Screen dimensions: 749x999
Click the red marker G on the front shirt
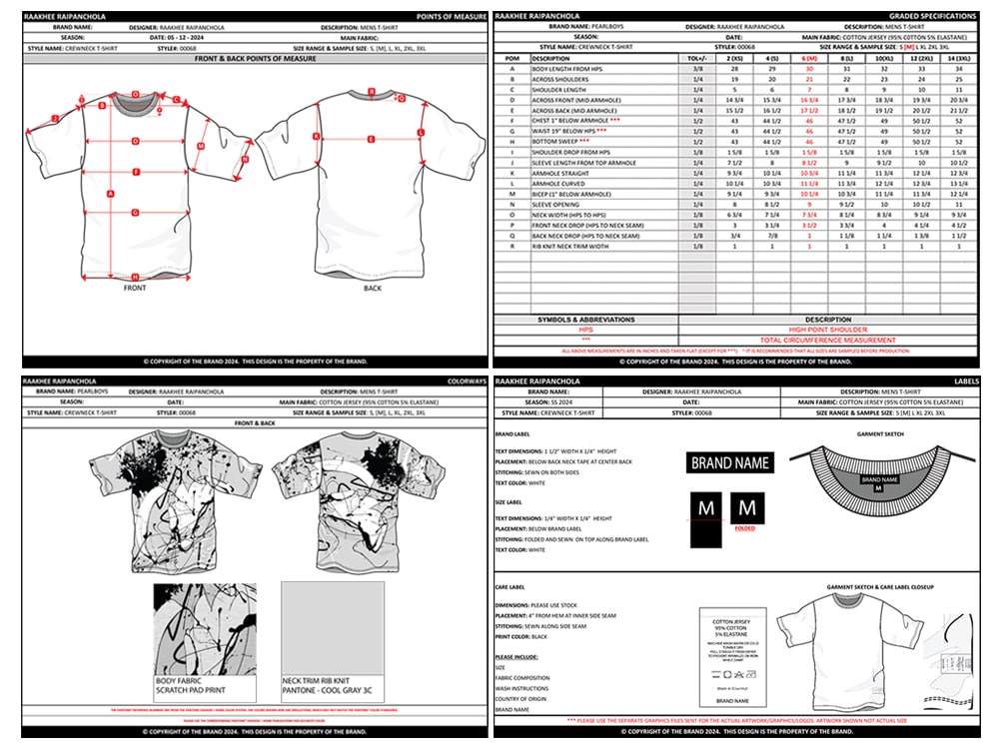point(135,212)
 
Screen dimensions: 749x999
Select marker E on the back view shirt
point(371,139)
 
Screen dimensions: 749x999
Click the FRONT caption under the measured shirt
point(135,288)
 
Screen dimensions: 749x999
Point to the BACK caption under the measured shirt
point(372,288)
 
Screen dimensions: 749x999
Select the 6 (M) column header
point(809,59)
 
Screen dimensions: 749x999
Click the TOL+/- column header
point(697,59)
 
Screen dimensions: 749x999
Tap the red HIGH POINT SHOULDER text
point(828,329)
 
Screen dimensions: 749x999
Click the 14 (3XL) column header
point(958,59)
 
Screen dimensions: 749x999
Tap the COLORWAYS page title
point(467,381)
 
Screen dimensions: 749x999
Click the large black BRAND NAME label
point(731,462)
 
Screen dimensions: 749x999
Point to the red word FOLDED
point(744,528)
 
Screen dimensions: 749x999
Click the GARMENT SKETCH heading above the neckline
point(880,434)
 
